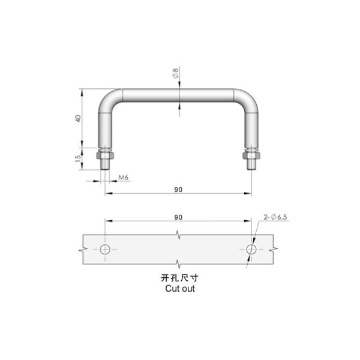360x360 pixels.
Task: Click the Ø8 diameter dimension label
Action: click(175, 74)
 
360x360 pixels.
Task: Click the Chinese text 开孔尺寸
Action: click(179, 278)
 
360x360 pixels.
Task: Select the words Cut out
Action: click(179, 289)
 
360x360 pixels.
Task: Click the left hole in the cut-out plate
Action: click(106, 249)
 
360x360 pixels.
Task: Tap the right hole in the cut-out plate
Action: click(252, 249)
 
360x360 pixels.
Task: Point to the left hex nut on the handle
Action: click(105, 155)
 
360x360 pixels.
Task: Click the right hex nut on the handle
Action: click(251, 155)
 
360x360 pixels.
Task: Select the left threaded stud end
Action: click(105, 164)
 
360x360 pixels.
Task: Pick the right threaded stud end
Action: click(251, 164)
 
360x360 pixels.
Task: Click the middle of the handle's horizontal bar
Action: click(178, 96)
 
